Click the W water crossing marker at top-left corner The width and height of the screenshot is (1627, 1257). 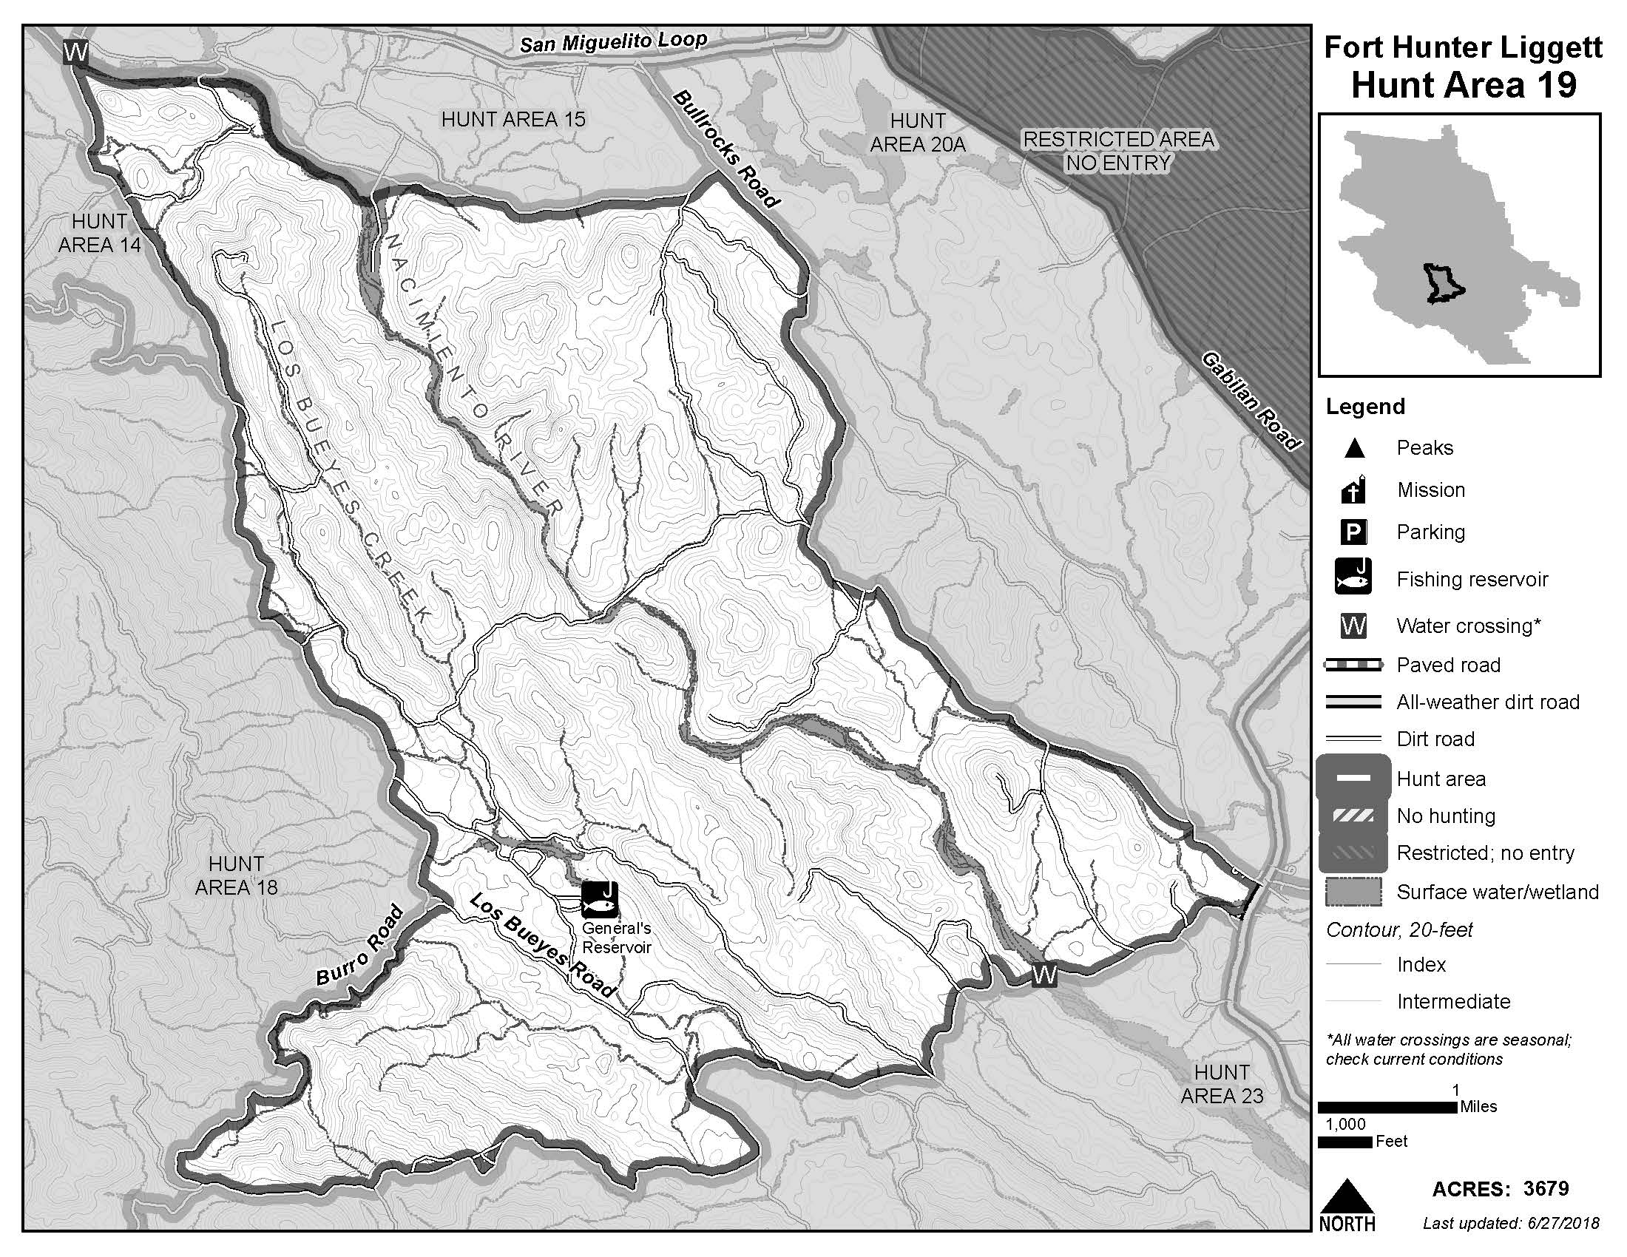coord(76,52)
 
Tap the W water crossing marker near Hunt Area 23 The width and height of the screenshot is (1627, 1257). coord(1044,975)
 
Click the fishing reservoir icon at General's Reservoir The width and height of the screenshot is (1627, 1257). coord(600,899)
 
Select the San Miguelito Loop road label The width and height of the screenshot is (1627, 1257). coord(612,43)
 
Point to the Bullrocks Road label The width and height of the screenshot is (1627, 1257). coord(726,149)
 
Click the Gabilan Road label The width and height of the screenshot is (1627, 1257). coord(1251,402)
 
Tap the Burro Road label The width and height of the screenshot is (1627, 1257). coord(361,946)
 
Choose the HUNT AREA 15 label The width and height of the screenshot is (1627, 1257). coord(513,119)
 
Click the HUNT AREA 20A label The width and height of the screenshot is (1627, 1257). coord(917,132)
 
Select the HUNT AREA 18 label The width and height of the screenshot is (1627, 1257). coord(235,875)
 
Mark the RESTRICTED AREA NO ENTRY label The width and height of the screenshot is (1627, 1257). coord(1118,150)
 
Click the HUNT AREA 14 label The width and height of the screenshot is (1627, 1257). coord(99,232)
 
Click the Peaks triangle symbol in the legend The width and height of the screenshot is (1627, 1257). coord(1353,448)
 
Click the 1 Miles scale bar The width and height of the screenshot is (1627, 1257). coord(1387,1108)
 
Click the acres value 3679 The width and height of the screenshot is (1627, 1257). coord(1546,1188)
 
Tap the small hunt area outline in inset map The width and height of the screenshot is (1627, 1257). coord(1444,284)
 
